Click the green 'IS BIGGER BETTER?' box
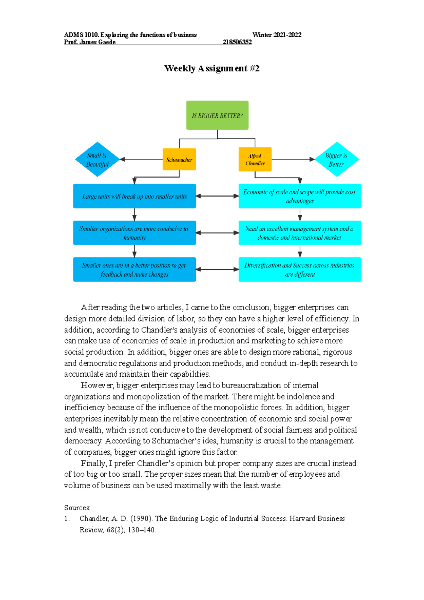pyautogui.click(x=217, y=116)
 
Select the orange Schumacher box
pyautogui.click(x=179, y=160)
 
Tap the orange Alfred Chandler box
pyautogui.click(x=255, y=160)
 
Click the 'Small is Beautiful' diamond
pyautogui.click(x=97, y=160)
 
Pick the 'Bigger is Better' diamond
pyautogui.click(x=336, y=160)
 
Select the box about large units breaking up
pyautogui.click(x=134, y=196)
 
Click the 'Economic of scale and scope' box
pyautogui.click(x=300, y=196)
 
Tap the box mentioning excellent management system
pyautogui.click(x=300, y=233)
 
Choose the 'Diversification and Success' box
pyautogui.click(x=300, y=270)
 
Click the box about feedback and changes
pyautogui.click(x=134, y=270)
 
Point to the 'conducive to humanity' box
pyautogui.click(x=134, y=233)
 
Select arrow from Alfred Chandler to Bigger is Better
pyautogui.click(x=293, y=159)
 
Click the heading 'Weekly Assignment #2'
pyautogui.click(x=212, y=69)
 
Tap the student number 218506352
pyautogui.click(x=237, y=42)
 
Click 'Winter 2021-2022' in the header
pyautogui.click(x=277, y=35)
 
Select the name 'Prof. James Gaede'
pyautogui.click(x=90, y=42)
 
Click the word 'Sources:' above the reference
pyautogui.click(x=77, y=508)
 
